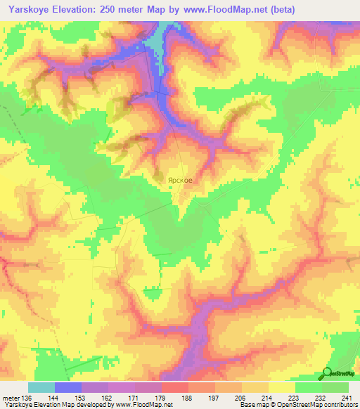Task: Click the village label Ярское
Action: [179, 180]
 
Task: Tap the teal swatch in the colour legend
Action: [41, 387]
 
